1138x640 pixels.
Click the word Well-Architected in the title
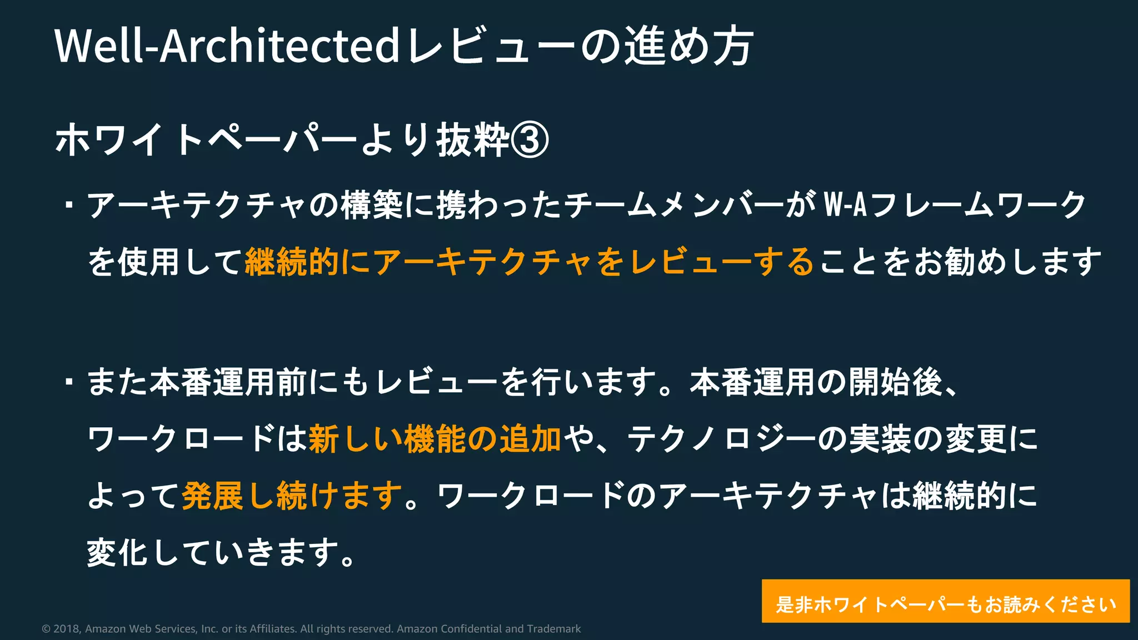click(x=227, y=46)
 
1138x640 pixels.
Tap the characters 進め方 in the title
click(x=689, y=46)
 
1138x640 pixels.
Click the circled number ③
click(x=530, y=139)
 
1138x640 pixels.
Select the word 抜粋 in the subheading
click(x=473, y=139)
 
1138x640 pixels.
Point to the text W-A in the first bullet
click(x=845, y=204)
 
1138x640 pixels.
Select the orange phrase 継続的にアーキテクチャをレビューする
click(x=530, y=262)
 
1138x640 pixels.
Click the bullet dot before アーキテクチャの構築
click(x=69, y=205)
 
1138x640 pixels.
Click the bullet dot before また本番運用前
click(x=69, y=382)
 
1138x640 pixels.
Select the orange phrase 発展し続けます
click(x=292, y=496)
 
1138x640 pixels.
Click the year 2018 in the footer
click(x=66, y=629)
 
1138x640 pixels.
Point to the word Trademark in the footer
click(x=553, y=629)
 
